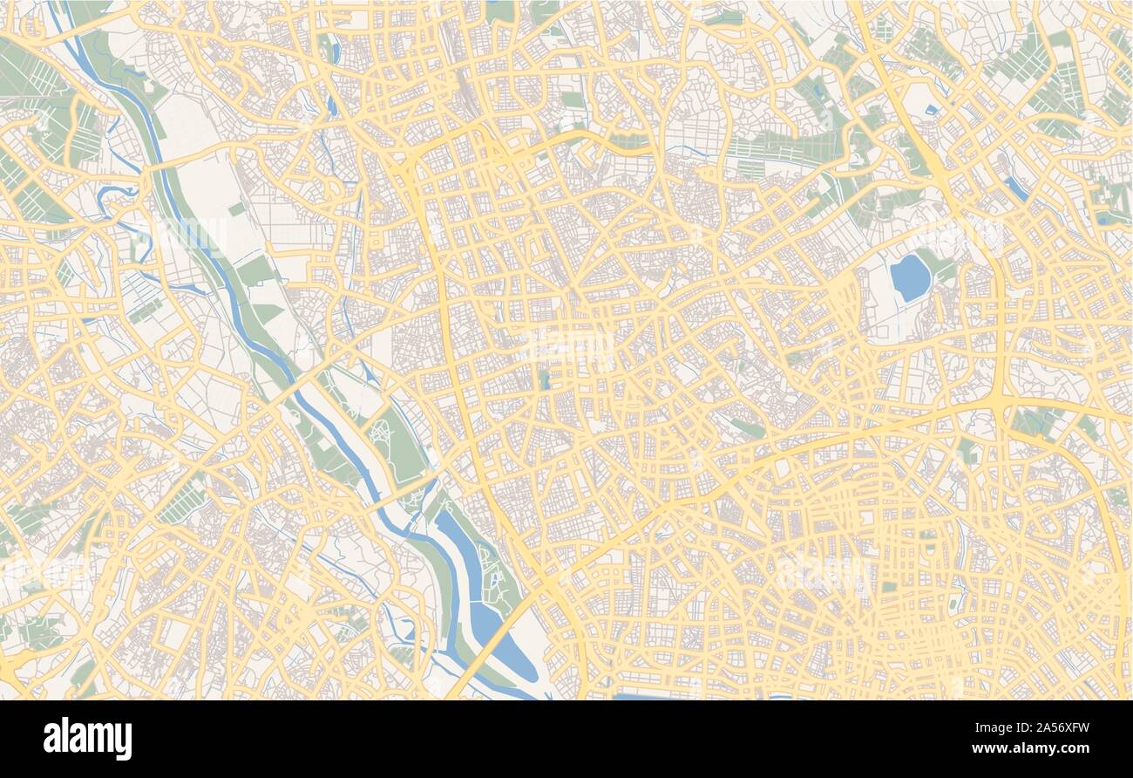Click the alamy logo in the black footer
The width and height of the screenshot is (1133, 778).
(87, 738)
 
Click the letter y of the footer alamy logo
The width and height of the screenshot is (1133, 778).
(126, 741)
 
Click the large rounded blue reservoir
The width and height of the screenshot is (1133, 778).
(910, 277)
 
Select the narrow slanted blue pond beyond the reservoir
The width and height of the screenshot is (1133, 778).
(1014, 188)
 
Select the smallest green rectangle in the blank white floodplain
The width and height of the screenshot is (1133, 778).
(236, 208)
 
